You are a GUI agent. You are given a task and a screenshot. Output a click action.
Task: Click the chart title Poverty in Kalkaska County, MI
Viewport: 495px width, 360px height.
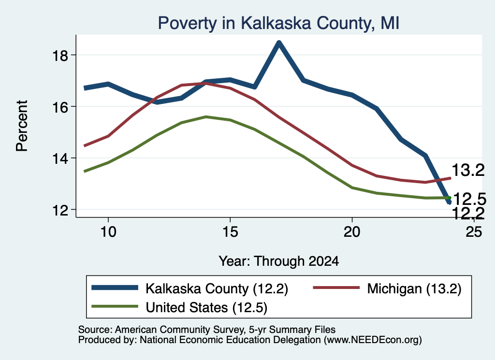pyautogui.click(x=278, y=23)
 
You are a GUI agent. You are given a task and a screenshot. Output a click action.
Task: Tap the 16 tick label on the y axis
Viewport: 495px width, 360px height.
pyautogui.click(x=60, y=107)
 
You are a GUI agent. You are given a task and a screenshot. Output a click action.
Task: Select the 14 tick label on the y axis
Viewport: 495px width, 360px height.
pyautogui.click(x=60, y=158)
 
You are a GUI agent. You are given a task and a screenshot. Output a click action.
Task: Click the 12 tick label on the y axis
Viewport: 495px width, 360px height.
pyautogui.click(x=60, y=210)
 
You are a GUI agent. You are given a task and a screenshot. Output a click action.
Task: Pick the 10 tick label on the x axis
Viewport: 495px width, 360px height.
pyautogui.click(x=108, y=232)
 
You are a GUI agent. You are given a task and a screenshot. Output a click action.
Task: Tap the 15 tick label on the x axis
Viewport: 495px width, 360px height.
pyautogui.click(x=230, y=232)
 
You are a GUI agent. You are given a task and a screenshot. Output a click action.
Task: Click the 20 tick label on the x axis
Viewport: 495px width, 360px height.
pyautogui.click(x=352, y=232)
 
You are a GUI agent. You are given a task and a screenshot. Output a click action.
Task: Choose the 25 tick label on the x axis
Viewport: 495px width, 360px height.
pyautogui.click(x=474, y=232)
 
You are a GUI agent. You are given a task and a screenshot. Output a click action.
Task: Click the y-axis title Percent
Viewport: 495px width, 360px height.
pyautogui.click(x=22, y=126)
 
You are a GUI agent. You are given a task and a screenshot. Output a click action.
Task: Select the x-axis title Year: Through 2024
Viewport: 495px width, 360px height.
pyautogui.click(x=279, y=261)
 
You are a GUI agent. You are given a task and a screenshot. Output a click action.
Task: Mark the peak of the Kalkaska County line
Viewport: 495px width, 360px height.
pyautogui.click(x=279, y=43)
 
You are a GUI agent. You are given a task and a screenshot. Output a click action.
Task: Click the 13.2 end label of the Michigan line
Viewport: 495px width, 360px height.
pyautogui.click(x=468, y=171)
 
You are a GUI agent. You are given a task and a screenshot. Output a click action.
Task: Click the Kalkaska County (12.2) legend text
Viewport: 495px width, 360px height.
pyautogui.click(x=217, y=288)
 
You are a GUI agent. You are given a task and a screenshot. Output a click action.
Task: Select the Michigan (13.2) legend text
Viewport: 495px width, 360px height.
pyautogui.click(x=414, y=288)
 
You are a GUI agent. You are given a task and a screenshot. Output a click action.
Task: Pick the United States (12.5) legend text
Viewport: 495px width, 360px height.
pyautogui.click(x=206, y=308)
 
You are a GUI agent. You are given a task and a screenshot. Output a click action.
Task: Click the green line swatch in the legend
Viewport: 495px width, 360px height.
pyautogui.click(x=115, y=306)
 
